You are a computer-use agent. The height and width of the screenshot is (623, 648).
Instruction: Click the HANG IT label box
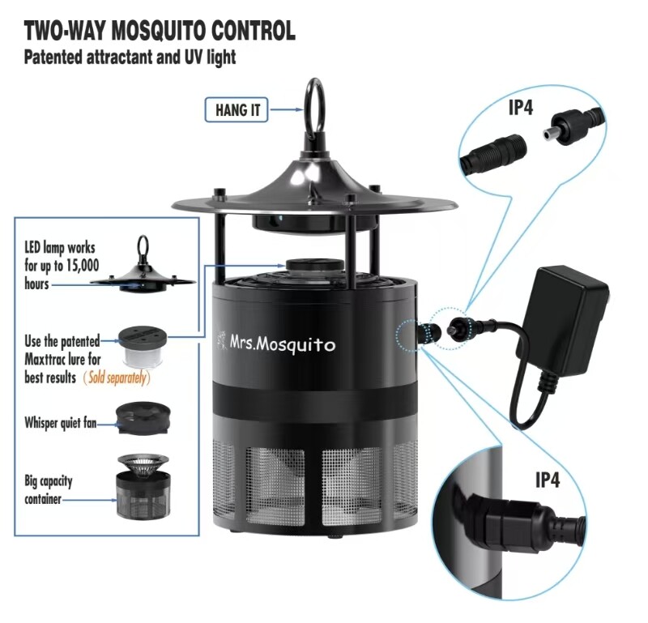click(x=237, y=109)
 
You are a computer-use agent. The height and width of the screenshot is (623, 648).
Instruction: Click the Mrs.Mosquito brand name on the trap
click(x=282, y=345)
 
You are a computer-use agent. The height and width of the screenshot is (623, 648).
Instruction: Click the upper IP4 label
click(x=520, y=108)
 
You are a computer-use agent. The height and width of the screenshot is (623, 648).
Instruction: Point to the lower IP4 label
click(x=548, y=480)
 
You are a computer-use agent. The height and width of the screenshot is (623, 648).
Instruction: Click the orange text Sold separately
click(x=117, y=378)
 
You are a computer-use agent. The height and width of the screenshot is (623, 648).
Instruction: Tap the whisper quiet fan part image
click(x=143, y=419)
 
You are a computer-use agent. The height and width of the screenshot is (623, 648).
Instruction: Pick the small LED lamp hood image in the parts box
click(x=143, y=266)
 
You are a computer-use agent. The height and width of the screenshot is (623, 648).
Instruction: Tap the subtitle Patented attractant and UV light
click(x=130, y=57)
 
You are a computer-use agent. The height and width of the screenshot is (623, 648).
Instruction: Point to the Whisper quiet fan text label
click(x=60, y=423)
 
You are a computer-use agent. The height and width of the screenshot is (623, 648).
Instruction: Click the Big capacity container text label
click(x=49, y=490)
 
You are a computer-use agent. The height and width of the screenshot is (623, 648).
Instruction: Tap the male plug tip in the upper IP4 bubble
click(x=548, y=134)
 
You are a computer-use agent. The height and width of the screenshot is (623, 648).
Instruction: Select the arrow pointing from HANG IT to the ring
click(x=287, y=109)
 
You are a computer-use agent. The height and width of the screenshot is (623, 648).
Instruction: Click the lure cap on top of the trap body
click(x=314, y=267)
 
